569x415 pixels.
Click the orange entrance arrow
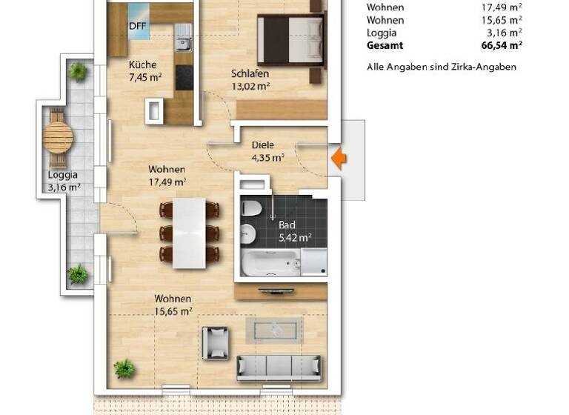pyautogui.click(x=338, y=159)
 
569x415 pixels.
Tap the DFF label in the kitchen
pyautogui.click(x=137, y=27)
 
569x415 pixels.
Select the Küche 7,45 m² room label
pyautogui.click(x=144, y=70)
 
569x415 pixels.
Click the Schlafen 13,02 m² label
pyautogui.click(x=250, y=79)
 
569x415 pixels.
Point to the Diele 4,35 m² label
pyautogui.click(x=267, y=151)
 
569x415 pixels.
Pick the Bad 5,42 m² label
pyautogui.click(x=293, y=230)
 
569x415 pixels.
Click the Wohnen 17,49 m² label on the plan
pyautogui.click(x=167, y=175)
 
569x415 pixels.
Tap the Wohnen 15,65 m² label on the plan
pyautogui.click(x=173, y=305)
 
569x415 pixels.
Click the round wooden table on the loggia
pyautogui.click(x=58, y=137)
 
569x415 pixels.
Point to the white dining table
pyautogui.click(x=190, y=233)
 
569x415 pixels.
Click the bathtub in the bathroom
pyautogui.click(x=270, y=263)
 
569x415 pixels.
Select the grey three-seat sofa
pyautogui.click(x=279, y=366)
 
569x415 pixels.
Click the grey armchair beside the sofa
pyautogui.click(x=216, y=343)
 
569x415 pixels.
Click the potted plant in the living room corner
pyautogui.click(x=124, y=368)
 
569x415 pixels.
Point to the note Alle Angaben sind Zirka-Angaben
pyautogui.click(x=442, y=67)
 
